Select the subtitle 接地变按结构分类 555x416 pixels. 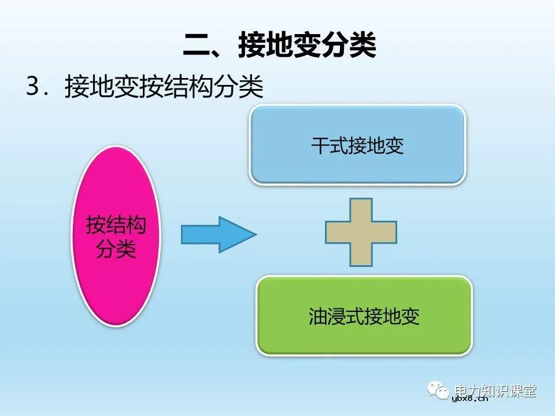coord(164,88)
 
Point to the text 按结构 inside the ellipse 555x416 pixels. coord(116,225)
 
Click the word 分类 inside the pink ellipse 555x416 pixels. coord(116,250)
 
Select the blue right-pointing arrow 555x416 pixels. coord(217,234)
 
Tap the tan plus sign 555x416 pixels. coord(361,232)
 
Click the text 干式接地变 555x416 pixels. coord(357,146)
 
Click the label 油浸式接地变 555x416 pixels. coord(364,316)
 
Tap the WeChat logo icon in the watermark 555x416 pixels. coord(439,391)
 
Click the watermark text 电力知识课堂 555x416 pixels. coord(495,390)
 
